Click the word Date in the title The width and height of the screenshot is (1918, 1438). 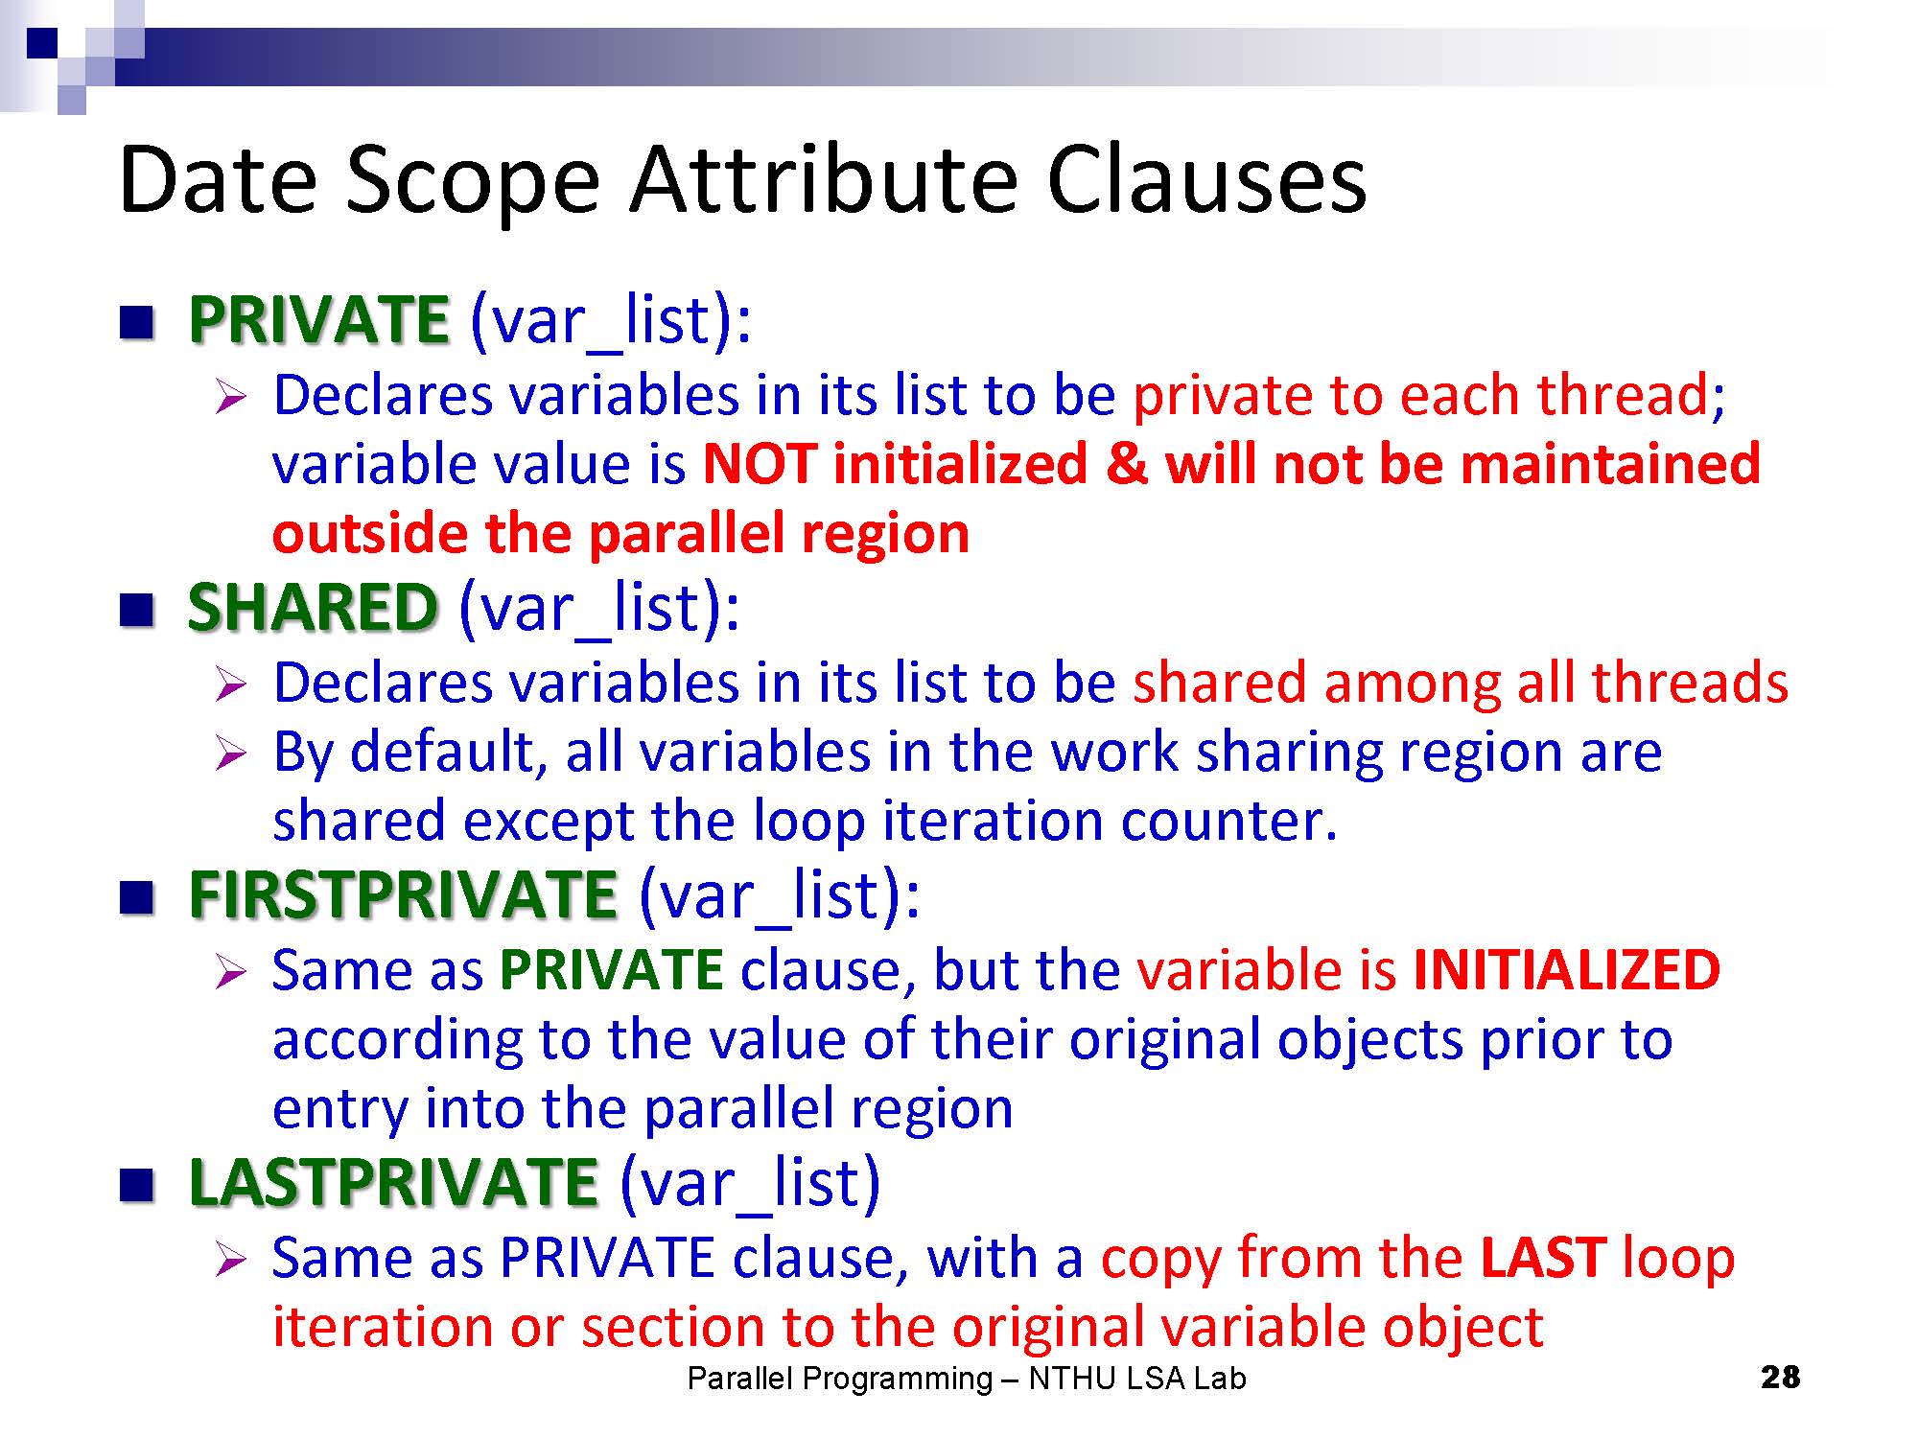coord(218,179)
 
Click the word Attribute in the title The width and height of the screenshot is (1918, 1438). coord(824,179)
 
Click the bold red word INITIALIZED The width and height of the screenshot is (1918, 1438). coord(1567,969)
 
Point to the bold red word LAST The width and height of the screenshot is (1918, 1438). coord(1543,1257)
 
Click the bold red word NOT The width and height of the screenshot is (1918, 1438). coord(759,464)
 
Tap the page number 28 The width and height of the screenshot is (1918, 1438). coord(1781,1378)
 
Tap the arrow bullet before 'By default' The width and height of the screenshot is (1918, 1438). coord(231,754)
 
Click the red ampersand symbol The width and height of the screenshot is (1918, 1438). coord(1126,464)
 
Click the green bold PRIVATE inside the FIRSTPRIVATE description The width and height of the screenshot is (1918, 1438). coord(612,969)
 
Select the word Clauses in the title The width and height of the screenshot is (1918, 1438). coord(1206,179)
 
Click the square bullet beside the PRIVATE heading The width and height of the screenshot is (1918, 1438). coord(137,323)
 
